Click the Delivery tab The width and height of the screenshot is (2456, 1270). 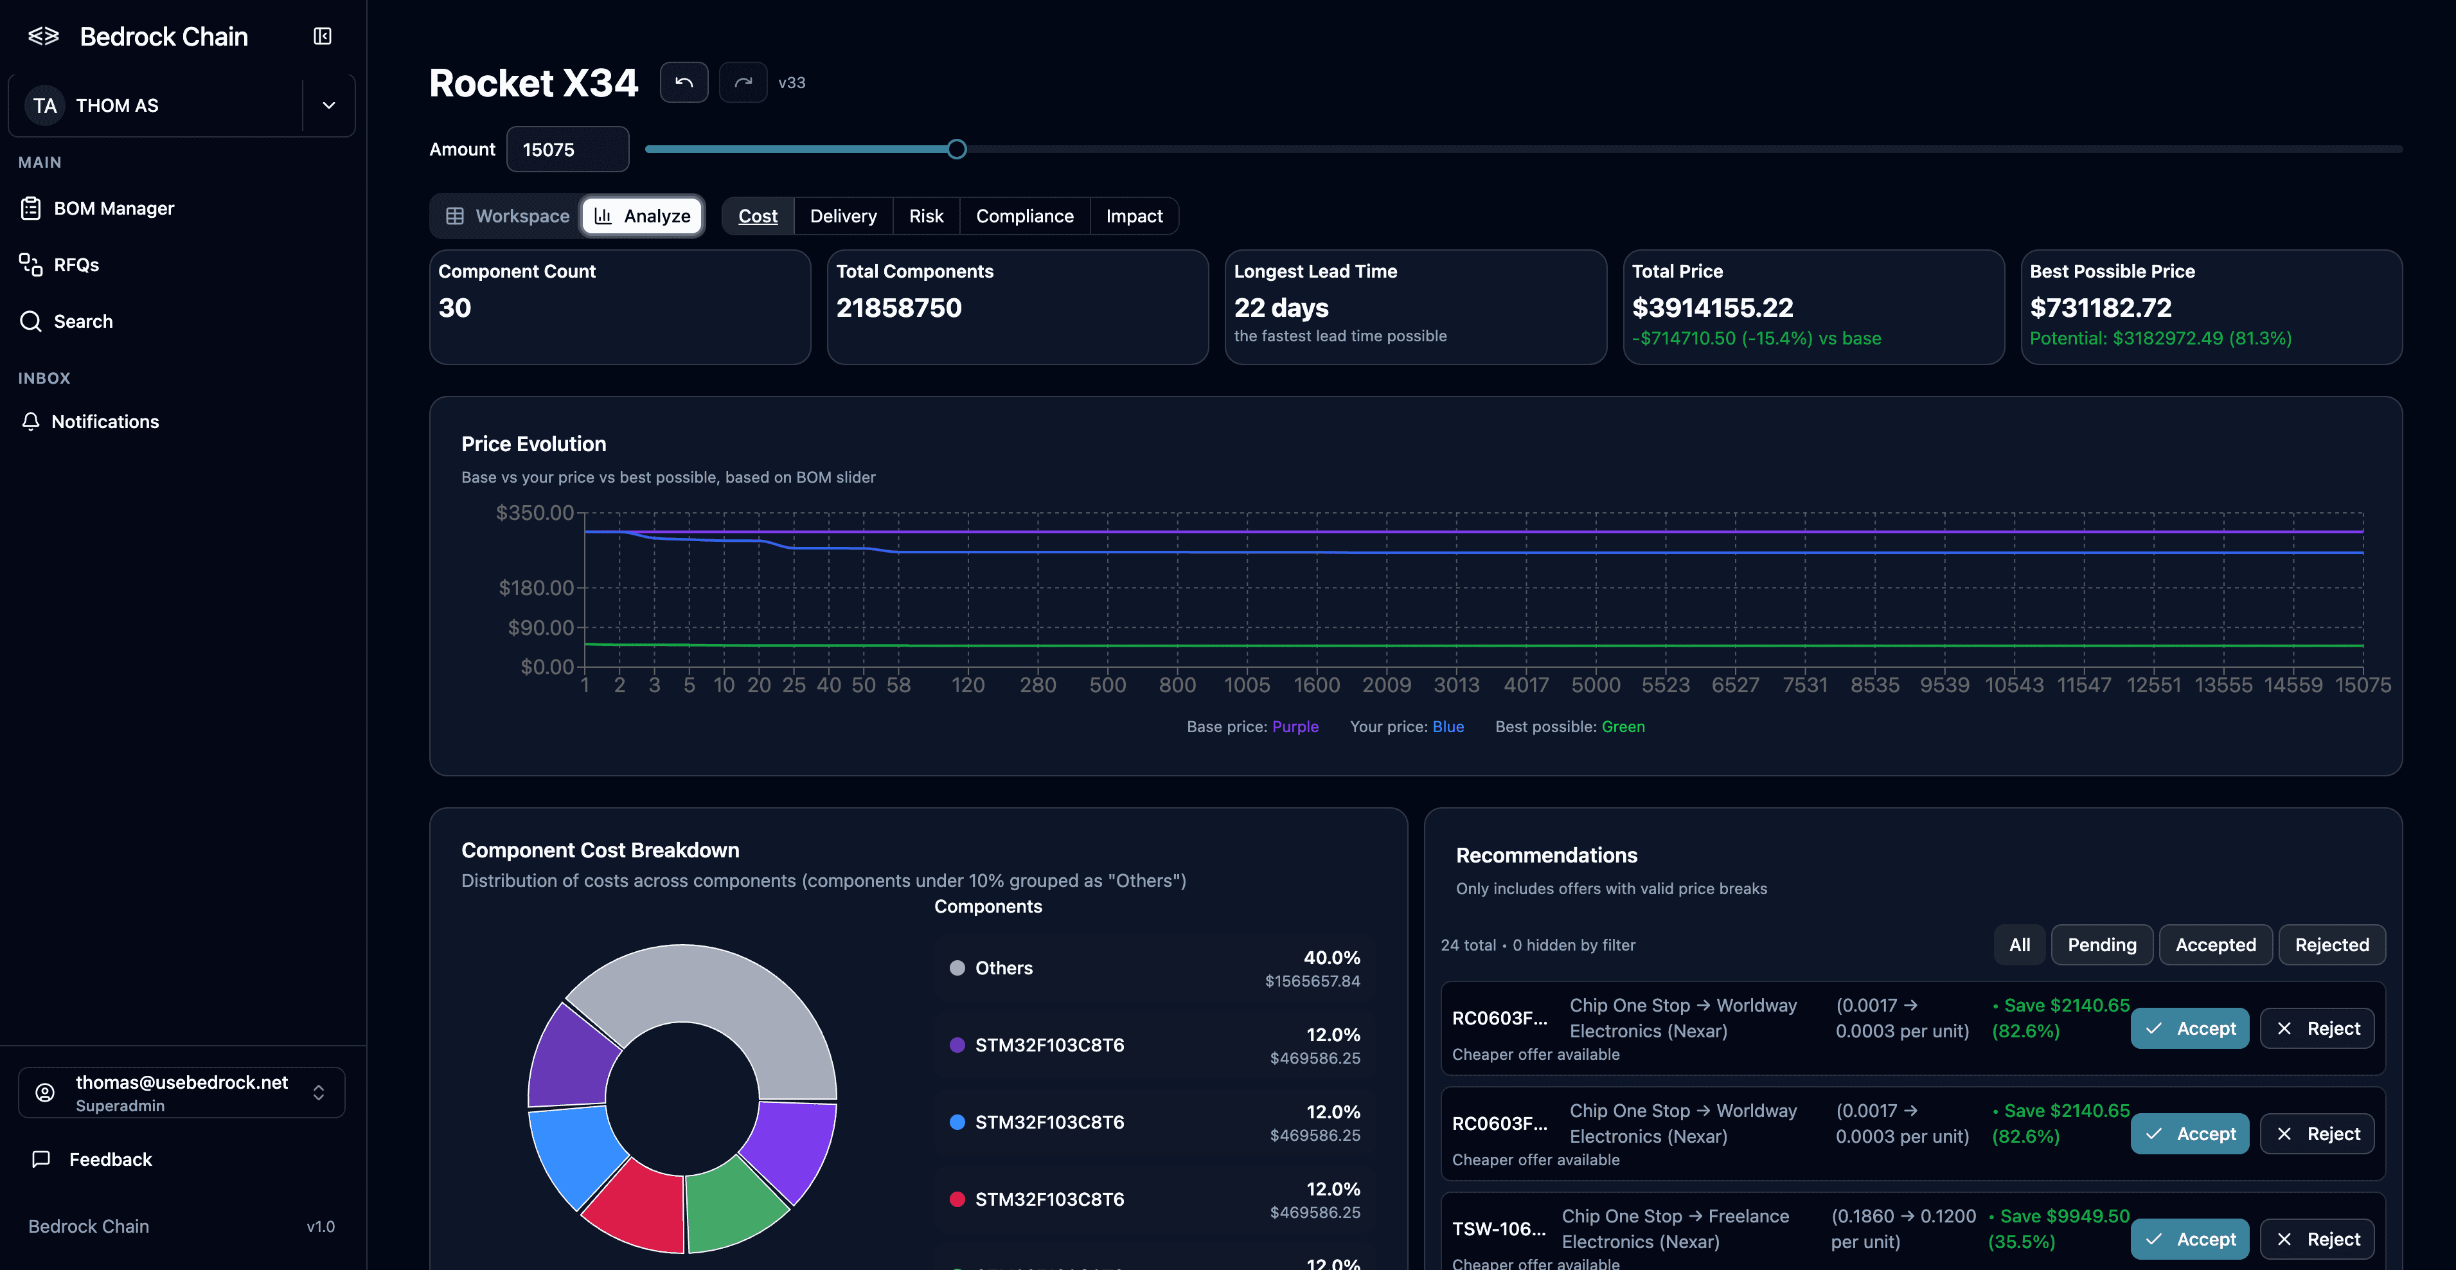pos(843,217)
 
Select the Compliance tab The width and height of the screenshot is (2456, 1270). pos(1024,217)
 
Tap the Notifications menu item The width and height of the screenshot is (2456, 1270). pos(104,422)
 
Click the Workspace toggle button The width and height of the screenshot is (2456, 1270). pos(508,217)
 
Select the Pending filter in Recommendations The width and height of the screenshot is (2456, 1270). pos(2101,945)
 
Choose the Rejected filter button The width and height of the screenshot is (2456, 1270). pos(2331,945)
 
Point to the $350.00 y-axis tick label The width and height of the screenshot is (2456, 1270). pos(534,513)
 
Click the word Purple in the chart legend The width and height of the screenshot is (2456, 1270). pos(1295,726)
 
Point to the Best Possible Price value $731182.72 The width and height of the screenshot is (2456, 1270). pos(2101,308)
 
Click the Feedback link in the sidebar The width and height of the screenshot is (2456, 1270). pos(110,1159)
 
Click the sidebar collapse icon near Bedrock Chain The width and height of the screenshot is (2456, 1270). pos(322,36)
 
